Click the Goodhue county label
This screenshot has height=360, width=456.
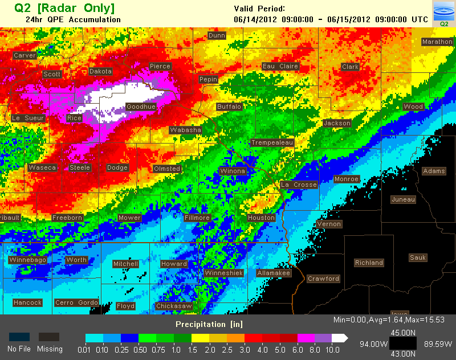click(x=141, y=107)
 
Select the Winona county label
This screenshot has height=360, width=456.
click(x=233, y=171)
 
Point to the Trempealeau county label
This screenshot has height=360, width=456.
click(x=272, y=142)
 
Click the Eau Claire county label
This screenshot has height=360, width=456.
click(x=280, y=66)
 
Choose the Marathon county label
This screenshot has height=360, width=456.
click(x=437, y=42)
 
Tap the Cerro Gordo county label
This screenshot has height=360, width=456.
click(x=76, y=302)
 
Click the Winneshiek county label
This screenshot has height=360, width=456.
click(x=224, y=273)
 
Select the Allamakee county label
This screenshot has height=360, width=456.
click(x=274, y=273)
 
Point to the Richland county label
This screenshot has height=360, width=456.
click(x=369, y=263)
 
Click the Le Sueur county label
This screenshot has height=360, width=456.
click(x=28, y=118)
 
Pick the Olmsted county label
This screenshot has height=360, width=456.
click(x=167, y=169)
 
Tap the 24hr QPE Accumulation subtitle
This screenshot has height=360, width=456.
click(x=73, y=19)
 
